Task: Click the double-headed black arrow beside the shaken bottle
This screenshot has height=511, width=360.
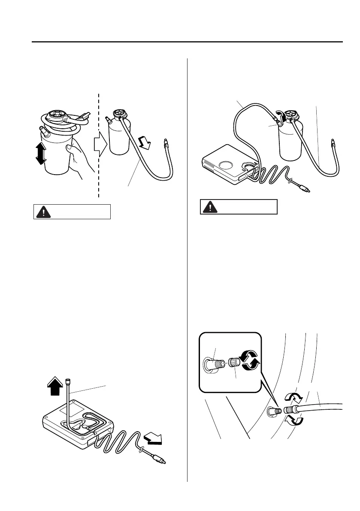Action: click(x=40, y=154)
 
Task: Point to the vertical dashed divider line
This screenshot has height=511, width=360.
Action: click(x=99, y=180)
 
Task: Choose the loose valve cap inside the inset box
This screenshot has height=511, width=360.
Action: click(x=233, y=362)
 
